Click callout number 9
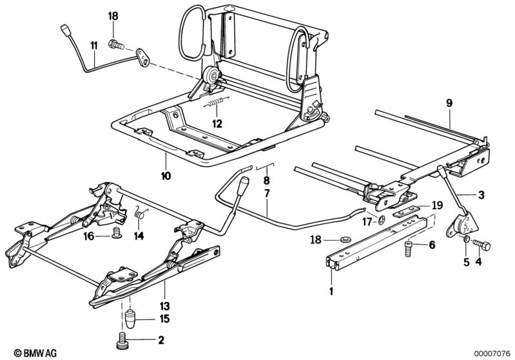point(450,103)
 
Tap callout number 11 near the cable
point(93,45)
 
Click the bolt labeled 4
point(482,245)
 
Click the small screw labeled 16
point(117,232)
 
